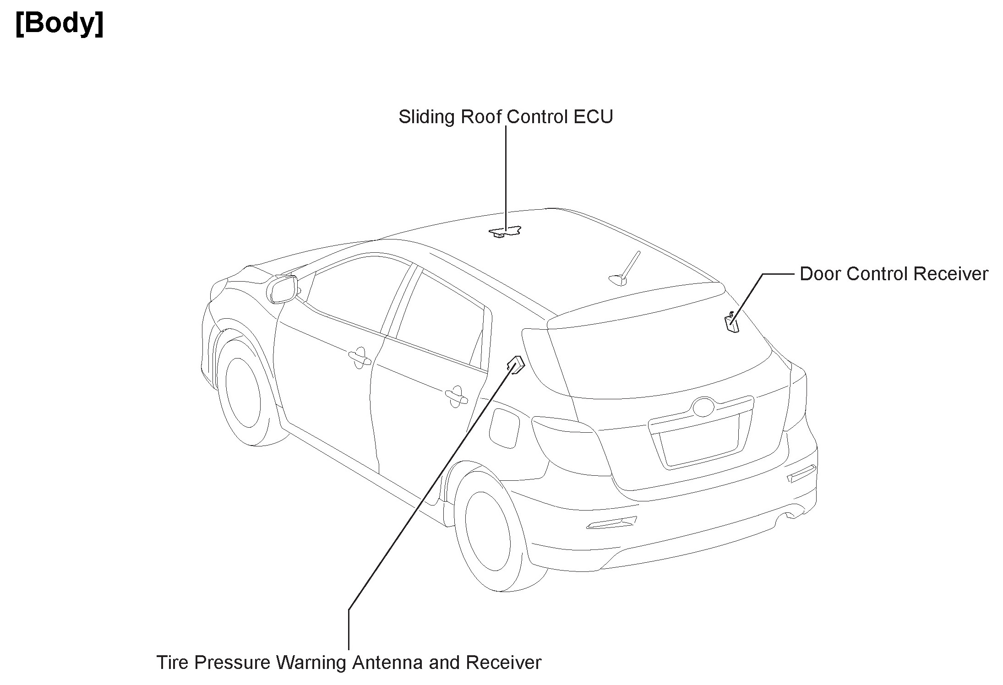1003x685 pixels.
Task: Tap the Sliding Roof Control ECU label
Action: tap(505, 117)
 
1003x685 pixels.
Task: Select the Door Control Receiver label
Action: tap(894, 274)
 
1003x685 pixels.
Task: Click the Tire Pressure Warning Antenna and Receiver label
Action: tap(349, 663)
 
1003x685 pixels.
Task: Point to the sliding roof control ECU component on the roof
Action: tap(505, 232)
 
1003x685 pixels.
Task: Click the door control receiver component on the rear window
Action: tap(731, 322)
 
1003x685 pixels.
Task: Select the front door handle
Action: tap(360, 357)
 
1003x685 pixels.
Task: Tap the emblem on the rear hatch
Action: tap(703, 407)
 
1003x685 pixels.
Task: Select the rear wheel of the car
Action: tap(487, 534)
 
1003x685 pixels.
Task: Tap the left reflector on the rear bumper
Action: tap(611, 522)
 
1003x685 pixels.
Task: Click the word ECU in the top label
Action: tap(593, 117)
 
